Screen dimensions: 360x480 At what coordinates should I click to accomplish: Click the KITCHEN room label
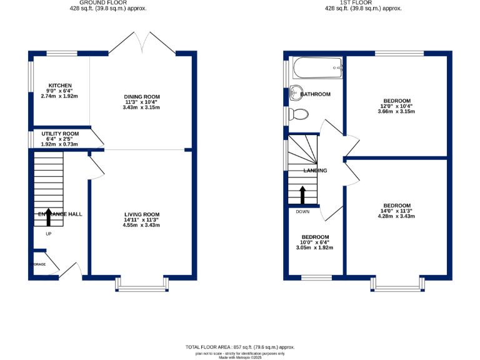[61, 86]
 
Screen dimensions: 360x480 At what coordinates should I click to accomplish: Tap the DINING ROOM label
[142, 97]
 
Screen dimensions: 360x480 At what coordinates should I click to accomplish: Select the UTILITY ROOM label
[61, 134]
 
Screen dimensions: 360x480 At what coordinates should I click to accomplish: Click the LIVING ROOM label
[142, 214]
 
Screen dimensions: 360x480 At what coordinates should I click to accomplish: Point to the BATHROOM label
[316, 94]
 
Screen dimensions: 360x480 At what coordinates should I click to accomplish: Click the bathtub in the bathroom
[318, 67]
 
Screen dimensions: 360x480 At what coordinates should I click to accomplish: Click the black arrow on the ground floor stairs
[48, 217]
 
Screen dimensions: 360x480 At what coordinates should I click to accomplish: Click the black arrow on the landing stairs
[302, 194]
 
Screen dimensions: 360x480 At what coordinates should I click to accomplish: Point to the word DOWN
[302, 211]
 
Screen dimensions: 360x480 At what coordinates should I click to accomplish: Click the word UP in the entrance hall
[48, 234]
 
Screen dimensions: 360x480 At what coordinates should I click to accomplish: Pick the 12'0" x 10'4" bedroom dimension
[397, 107]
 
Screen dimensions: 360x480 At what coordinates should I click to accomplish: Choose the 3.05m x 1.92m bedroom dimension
[316, 248]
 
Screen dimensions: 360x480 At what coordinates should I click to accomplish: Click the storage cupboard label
[39, 264]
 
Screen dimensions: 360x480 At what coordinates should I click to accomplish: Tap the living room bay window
[142, 285]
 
